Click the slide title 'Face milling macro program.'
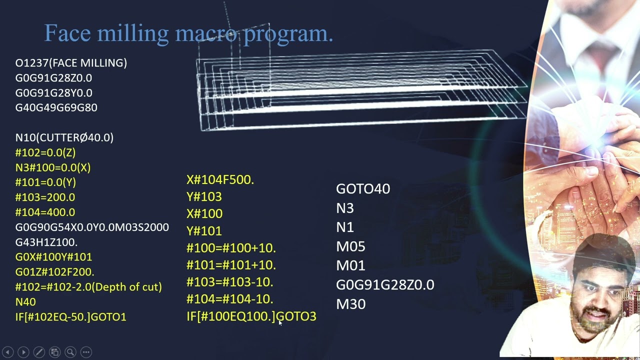pos(188,33)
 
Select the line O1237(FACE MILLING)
pos(71,63)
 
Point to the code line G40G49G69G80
pos(56,107)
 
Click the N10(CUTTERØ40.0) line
pos(64,137)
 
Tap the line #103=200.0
pos(45,197)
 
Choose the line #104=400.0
pos(45,212)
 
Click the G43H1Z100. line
pos(46,242)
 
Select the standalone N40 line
pos(25,302)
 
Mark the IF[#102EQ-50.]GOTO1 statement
pos(70,317)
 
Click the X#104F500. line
pos(220,180)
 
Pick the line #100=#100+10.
pos(231,248)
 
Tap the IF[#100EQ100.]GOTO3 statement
pos(251,316)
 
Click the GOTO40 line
pos(362,189)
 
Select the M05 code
pos(350,246)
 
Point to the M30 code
pos(350,304)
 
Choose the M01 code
pos(350,265)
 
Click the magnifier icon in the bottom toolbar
pos(70,352)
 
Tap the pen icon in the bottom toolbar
pos(39,352)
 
